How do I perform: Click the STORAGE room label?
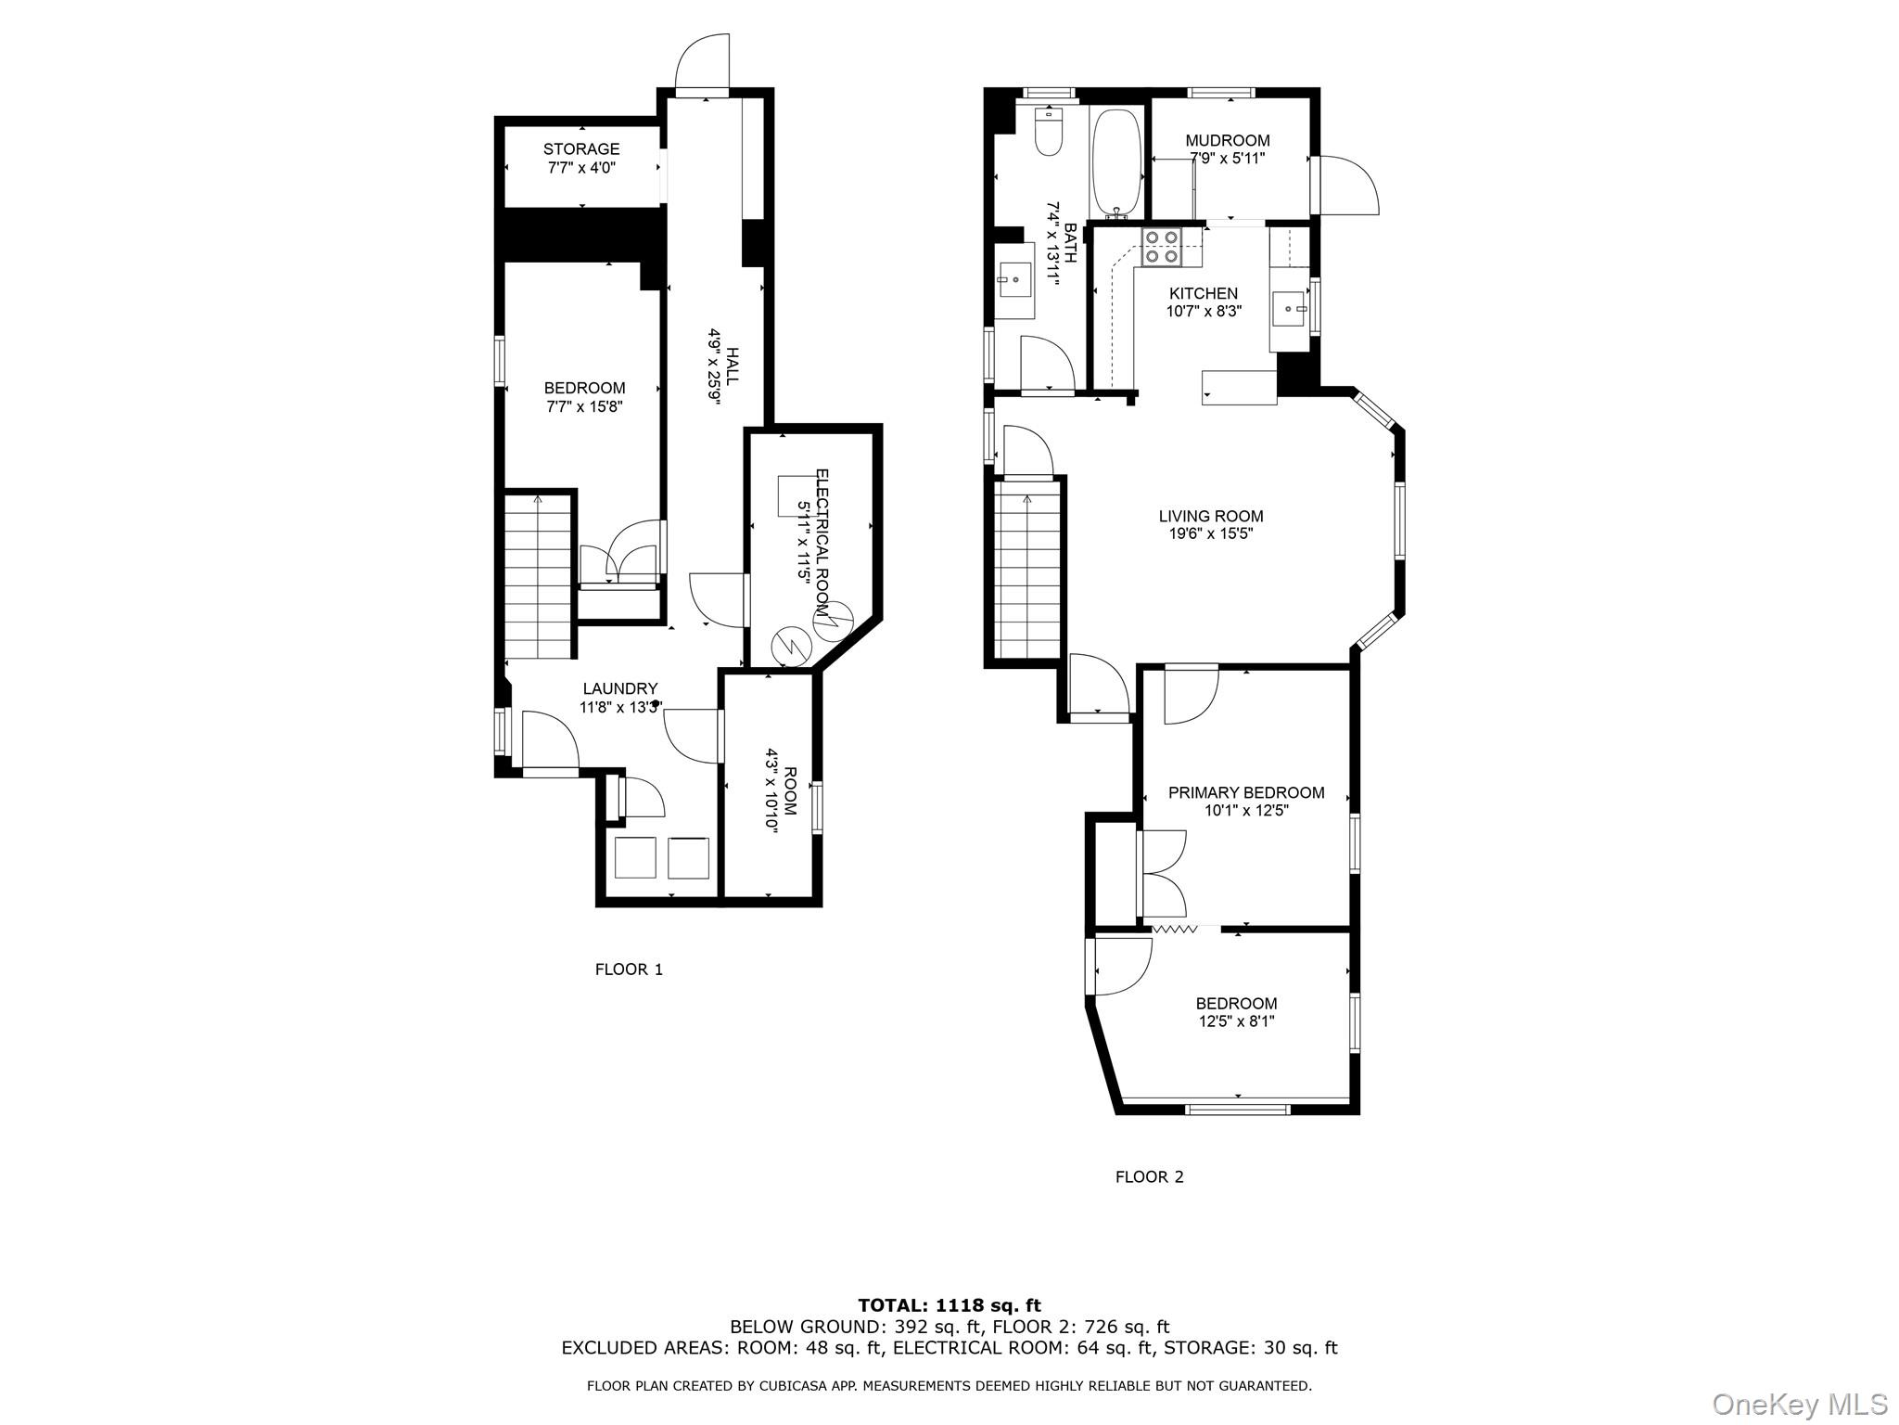(x=580, y=149)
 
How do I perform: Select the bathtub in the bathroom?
(x=1119, y=163)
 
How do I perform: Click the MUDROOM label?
(x=1227, y=141)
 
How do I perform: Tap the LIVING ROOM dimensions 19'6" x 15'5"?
(x=1210, y=534)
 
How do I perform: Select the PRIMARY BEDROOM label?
(x=1245, y=792)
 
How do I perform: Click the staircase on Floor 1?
(x=538, y=575)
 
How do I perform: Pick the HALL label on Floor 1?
(x=732, y=366)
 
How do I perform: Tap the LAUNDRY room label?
(x=619, y=688)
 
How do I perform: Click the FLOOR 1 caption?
(x=629, y=969)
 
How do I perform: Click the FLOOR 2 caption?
(x=1149, y=1177)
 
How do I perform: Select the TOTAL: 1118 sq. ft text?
(x=949, y=1306)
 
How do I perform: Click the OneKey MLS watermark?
(x=1799, y=1404)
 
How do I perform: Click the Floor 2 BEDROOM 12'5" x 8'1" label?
(x=1236, y=1004)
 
